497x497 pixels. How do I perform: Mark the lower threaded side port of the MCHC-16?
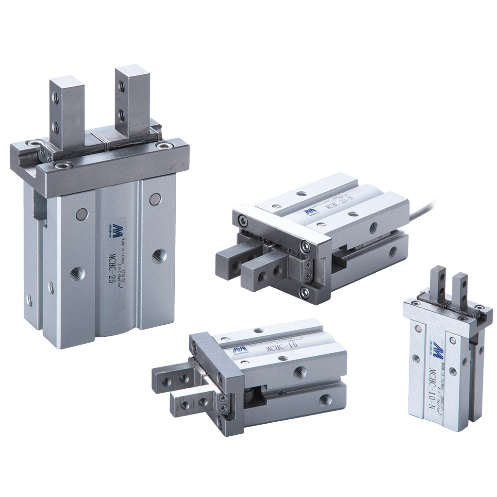click(x=324, y=399)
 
